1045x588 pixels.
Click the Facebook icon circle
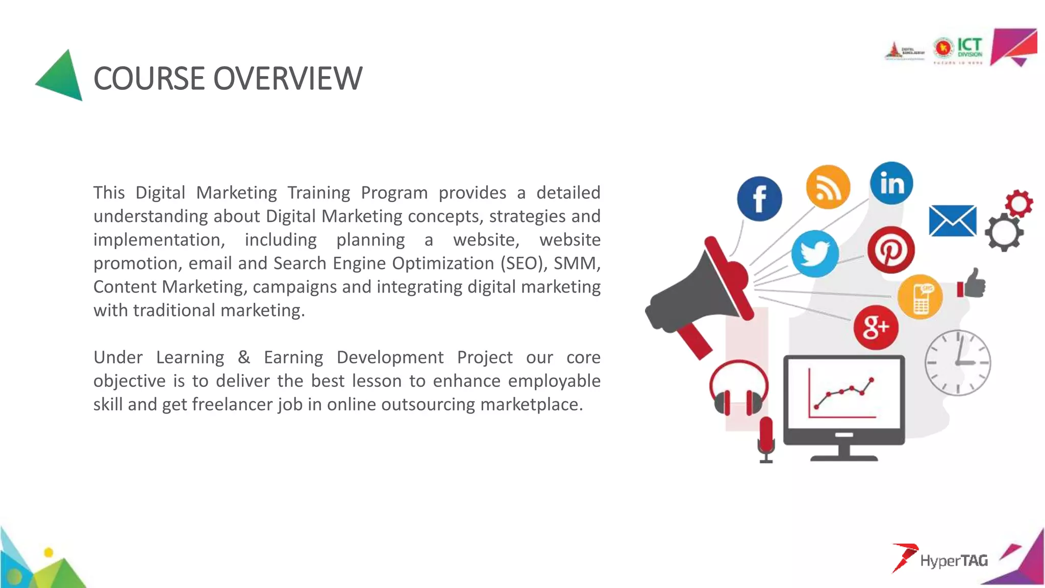tap(759, 199)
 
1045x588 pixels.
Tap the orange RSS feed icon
tap(828, 187)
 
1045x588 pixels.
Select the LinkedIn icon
tap(891, 183)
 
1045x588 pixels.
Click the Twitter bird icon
tap(815, 253)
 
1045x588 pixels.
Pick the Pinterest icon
tap(891, 250)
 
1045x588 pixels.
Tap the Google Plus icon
tap(876, 327)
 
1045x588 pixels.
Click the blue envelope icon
tap(953, 221)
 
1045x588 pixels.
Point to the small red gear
tap(1019, 204)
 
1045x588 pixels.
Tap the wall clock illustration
tap(958, 363)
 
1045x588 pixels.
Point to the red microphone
tap(766, 439)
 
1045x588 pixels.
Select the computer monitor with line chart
tap(844, 403)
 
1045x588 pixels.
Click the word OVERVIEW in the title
tap(287, 79)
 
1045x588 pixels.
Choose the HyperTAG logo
tap(940, 559)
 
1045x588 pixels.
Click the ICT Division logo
tap(958, 50)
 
